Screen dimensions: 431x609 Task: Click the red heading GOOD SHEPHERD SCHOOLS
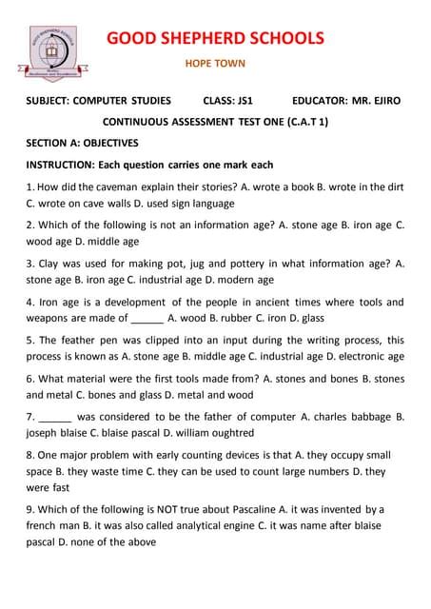click(214, 38)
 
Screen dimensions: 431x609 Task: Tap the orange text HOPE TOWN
click(214, 65)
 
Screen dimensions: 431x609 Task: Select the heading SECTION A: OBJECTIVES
click(82, 143)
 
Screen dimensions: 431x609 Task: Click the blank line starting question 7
click(54, 417)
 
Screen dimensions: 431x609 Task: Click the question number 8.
click(29, 455)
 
